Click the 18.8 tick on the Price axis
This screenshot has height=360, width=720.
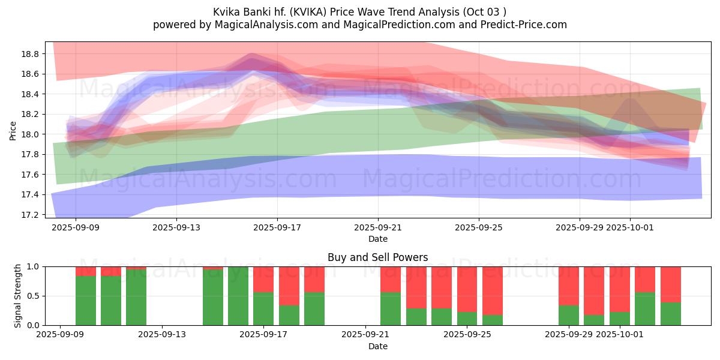30,54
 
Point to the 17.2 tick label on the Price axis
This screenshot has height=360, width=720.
30,215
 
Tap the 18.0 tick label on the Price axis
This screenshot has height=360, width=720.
30,134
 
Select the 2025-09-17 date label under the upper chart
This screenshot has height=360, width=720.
277,228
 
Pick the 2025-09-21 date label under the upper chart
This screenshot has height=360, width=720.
378,228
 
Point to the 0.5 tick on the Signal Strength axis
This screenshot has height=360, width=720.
34,296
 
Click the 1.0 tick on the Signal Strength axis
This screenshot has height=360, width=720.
34,266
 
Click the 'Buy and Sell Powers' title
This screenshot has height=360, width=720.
377,257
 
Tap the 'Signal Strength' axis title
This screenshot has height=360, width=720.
18,296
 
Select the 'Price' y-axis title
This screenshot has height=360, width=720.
13,130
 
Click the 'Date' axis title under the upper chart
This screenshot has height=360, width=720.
377,239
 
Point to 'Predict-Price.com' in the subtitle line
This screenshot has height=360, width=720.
528,25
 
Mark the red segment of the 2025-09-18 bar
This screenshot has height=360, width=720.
289,286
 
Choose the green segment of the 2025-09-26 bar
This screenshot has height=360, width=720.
493,320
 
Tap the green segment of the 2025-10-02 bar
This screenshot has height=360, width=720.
645,309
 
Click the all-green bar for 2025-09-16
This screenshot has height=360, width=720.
238,296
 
